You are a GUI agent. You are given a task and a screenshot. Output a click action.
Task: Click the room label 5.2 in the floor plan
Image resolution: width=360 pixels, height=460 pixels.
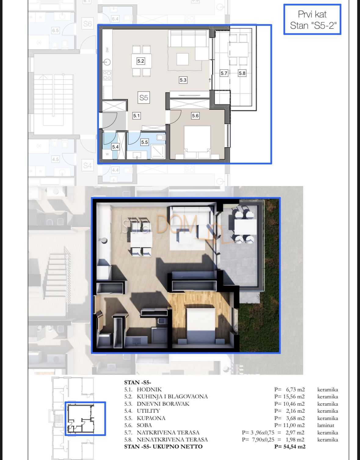click(140, 61)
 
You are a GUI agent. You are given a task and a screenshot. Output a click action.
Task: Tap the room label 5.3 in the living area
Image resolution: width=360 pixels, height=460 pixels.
click(183, 80)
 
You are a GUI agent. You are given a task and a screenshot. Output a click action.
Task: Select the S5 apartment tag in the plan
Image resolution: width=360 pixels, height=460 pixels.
click(144, 98)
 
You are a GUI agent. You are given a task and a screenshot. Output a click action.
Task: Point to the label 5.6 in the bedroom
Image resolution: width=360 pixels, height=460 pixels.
click(195, 116)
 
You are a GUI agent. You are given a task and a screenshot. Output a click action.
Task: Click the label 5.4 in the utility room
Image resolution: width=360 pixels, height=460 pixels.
click(115, 147)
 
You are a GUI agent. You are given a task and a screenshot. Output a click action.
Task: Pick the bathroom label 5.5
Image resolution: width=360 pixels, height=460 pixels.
click(144, 142)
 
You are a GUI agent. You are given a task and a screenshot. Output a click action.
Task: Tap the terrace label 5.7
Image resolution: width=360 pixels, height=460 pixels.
click(224, 73)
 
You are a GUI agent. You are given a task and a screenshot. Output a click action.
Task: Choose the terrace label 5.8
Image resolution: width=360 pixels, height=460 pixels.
click(242, 73)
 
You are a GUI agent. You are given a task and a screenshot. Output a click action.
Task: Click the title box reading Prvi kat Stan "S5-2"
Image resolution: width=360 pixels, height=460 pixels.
click(312, 20)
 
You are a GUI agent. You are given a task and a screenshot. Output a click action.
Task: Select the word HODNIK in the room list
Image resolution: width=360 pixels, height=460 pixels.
click(149, 389)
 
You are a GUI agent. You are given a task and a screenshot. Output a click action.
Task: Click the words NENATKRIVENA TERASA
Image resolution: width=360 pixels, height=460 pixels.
click(172, 440)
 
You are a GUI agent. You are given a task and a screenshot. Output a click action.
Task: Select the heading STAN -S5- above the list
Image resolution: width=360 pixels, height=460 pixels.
click(137, 382)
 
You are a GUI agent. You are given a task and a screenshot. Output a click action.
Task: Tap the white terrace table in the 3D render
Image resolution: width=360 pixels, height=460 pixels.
click(245, 227)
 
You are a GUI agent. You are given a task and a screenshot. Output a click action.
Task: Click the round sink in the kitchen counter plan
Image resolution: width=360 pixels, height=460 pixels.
click(107, 63)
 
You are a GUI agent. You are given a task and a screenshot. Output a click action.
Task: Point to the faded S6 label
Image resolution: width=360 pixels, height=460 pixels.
click(87, 24)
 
